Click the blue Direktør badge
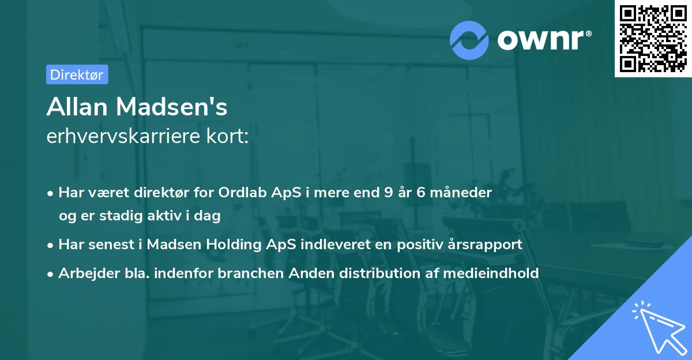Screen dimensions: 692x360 pyautogui.click(x=77, y=74)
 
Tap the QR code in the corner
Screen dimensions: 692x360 pyautogui.click(x=653, y=38)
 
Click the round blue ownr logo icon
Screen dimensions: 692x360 pyautogui.click(x=469, y=40)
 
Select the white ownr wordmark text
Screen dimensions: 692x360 pyautogui.click(x=540, y=40)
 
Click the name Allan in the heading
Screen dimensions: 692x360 pyautogui.click(x=77, y=107)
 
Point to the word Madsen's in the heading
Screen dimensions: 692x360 pyautogui.click(x=172, y=107)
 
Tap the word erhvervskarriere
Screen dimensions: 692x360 pyautogui.click(x=123, y=136)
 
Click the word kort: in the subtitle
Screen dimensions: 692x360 pyautogui.click(x=227, y=136)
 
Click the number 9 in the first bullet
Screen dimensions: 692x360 pyautogui.click(x=389, y=193)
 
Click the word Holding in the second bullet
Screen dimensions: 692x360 pyautogui.click(x=234, y=245)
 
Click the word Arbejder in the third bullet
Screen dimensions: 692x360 pyautogui.click(x=89, y=273)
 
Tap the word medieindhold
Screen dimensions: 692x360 pyautogui.click(x=491, y=273)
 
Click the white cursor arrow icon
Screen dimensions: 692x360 pyautogui.click(x=661, y=329)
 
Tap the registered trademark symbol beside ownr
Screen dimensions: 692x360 pyautogui.click(x=588, y=33)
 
